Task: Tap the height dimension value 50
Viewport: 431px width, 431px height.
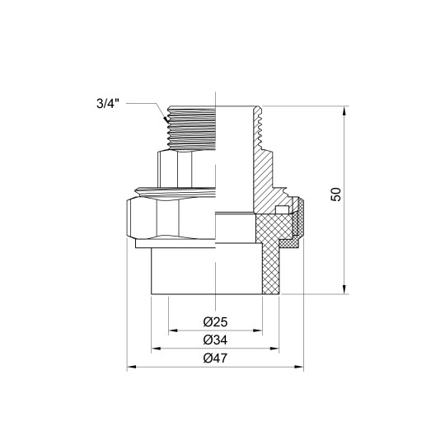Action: click(335, 194)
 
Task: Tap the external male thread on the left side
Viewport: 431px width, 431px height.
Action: click(190, 128)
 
